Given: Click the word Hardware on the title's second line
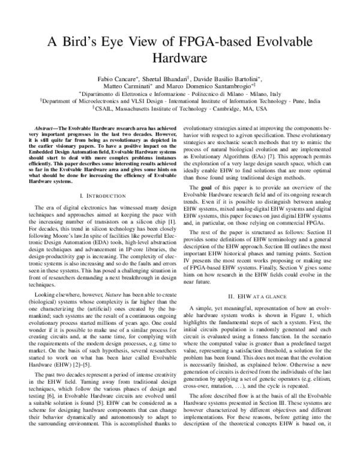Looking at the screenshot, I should click(180, 58).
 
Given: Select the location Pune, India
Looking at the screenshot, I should click(305, 102).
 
